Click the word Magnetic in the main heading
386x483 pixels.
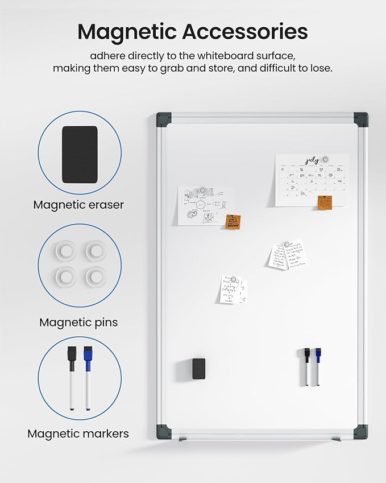(126, 32)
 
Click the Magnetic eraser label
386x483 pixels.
(78, 205)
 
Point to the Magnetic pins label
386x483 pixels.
(78, 322)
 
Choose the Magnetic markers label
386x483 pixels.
(78, 434)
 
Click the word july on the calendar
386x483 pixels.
(312, 161)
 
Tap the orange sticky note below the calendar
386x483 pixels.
(325, 202)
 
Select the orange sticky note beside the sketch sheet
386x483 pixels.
(232, 222)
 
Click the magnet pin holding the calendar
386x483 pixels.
(325, 159)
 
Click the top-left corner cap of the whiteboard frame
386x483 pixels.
(164, 119)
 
